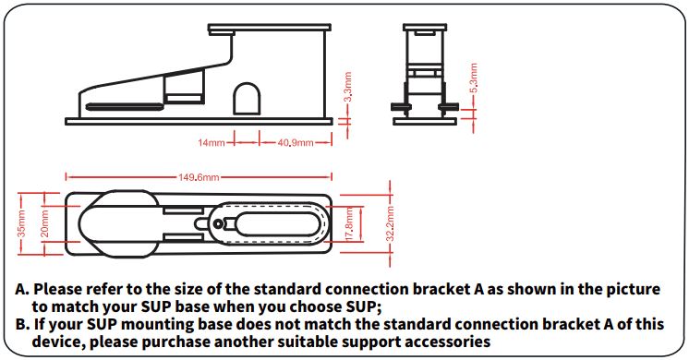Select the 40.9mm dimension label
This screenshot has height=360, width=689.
click(x=295, y=143)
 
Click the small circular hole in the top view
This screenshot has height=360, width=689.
click(x=217, y=224)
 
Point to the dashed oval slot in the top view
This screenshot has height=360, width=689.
click(x=277, y=224)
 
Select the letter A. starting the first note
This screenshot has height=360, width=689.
click(x=22, y=289)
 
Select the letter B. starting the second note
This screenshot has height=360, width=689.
click(x=22, y=324)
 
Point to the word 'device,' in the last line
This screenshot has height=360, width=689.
click(x=60, y=342)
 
